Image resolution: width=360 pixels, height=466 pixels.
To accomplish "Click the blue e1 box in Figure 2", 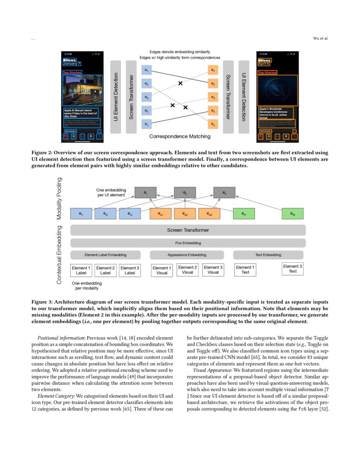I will tap(146, 70).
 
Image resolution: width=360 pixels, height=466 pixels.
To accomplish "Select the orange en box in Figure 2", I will tap(213, 125).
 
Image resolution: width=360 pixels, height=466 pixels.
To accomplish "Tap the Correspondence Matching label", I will tap(180, 137).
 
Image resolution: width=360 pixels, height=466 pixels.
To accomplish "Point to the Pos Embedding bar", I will tap(188, 243).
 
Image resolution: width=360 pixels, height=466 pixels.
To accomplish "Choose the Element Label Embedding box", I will tap(105, 255).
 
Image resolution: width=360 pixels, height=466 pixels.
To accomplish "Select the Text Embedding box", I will tap(269, 255).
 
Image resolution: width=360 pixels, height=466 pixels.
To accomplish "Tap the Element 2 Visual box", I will tap(187, 270).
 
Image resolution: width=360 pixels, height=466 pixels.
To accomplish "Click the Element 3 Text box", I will tap(293, 269).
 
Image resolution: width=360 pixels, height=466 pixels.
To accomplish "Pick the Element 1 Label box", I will tap(81, 270).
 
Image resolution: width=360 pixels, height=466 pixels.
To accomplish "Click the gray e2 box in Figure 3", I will tap(185, 193).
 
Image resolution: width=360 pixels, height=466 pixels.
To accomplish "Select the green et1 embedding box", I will tap(244, 214).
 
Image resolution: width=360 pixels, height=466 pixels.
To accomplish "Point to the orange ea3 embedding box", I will tap(209, 214).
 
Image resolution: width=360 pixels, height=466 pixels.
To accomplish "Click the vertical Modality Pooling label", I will tap(59, 198).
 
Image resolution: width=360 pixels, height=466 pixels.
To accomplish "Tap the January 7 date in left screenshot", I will tap(71, 64).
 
